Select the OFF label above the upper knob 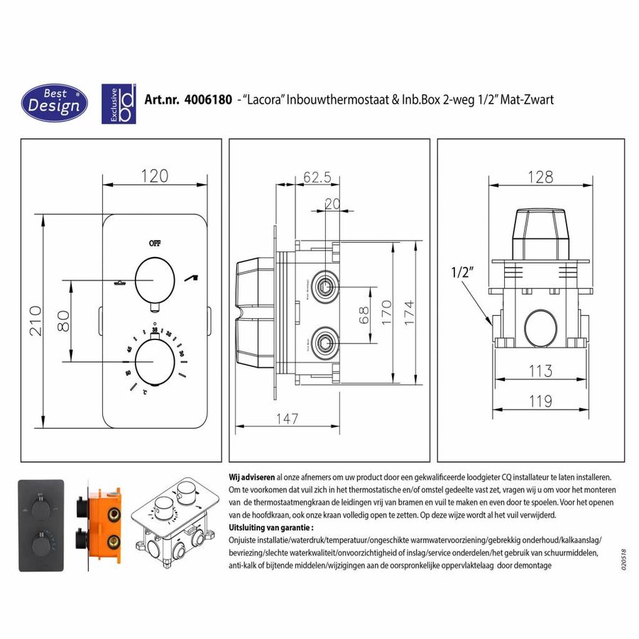[x=155, y=242]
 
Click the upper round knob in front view [x=154, y=279]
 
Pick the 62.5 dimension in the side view [x=317, y=177]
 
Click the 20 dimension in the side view [x=332, y=203]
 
